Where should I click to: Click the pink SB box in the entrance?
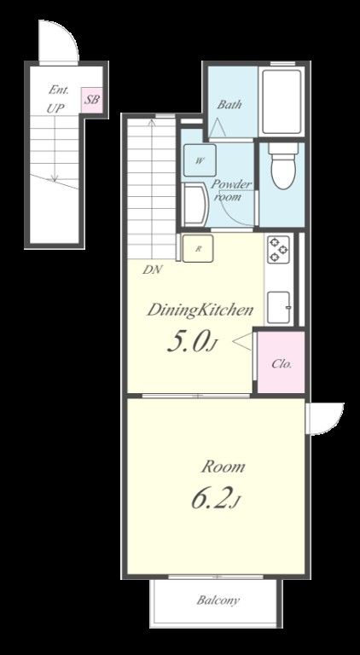91,101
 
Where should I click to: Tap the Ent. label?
59,90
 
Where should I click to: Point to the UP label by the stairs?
55,108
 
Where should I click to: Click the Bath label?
229,104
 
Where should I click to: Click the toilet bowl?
282,166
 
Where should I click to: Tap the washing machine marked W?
200,160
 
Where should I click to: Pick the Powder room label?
231,190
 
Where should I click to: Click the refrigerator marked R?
198,248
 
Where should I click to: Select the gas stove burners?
279,249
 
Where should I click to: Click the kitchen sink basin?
279,307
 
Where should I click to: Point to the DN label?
153,270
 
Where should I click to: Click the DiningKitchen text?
200,310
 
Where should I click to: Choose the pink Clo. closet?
281,362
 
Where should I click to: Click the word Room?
223,467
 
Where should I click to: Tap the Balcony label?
218,600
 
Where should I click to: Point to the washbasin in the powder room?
195,206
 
